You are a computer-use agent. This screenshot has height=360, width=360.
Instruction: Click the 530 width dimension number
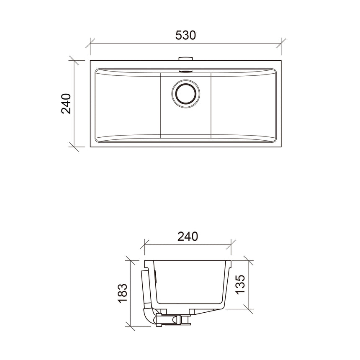coord(185,35)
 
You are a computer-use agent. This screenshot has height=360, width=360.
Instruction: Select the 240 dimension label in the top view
coord(66,103)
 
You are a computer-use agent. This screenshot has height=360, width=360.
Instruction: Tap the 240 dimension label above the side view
coord(187,237)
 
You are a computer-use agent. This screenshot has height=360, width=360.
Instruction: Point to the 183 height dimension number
coord(123,293)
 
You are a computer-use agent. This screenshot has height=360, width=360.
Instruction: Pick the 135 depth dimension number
coord(240,285)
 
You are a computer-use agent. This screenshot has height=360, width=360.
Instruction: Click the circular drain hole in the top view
coord(185,93)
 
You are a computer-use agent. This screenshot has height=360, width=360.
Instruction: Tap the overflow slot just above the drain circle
coord(185,71)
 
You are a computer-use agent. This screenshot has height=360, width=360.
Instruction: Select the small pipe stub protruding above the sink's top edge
coord(185,59)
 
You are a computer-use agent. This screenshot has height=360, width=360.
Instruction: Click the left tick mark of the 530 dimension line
coord(90,43)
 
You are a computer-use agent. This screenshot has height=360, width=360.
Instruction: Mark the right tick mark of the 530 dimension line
coord(281,43)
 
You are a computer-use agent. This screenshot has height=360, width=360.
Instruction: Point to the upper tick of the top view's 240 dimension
coord(74,60)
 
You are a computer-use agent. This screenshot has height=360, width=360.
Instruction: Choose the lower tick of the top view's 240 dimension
coord(74,147)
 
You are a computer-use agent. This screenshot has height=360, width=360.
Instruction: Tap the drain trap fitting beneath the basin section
coord(172,320)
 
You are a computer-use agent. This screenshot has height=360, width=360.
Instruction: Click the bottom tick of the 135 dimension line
coord(248,309)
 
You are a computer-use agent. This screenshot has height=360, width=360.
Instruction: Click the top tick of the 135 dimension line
coord(248,261)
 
